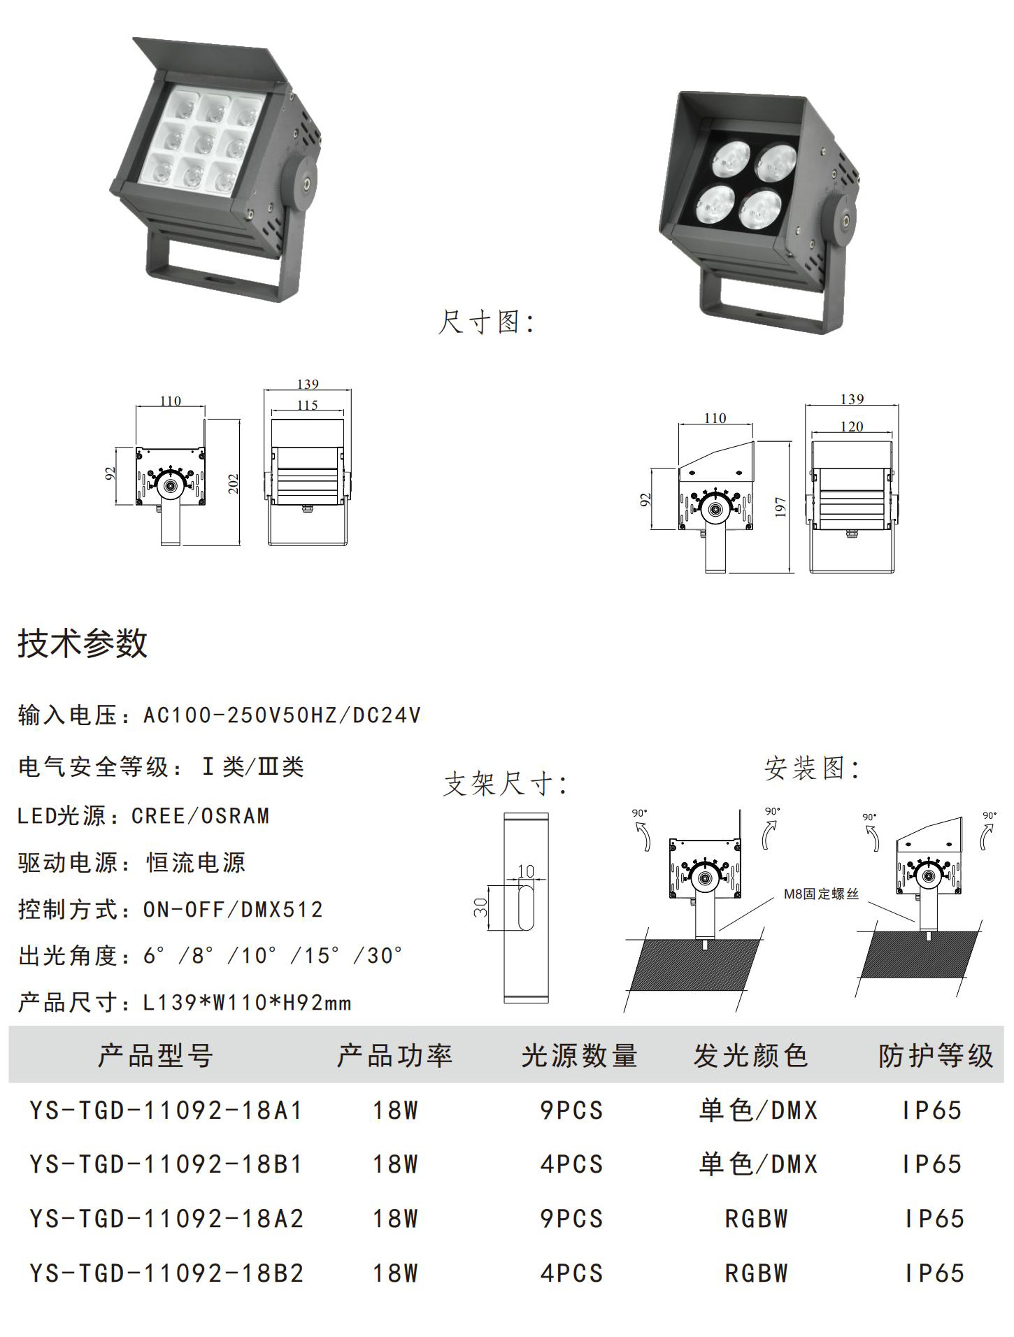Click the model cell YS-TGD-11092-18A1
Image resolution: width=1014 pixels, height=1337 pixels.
click(x=166, y=1110)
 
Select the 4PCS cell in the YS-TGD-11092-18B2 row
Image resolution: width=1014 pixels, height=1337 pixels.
click(x=571, y=1273)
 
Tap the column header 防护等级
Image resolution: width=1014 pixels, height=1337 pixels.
click(x=936, y=1056)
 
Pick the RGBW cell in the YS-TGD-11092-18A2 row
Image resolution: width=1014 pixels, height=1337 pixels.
click(x=757, y=1219)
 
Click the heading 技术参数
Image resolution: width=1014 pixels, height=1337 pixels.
click(x=83, y=643)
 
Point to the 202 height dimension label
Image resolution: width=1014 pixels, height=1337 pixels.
click(x=234, y=483)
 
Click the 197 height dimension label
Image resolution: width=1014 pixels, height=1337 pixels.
click(x=781, y=507)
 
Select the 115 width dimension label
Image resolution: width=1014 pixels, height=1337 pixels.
click(x=307, y=405)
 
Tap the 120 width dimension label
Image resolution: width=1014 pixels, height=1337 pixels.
click(x=851, y=427)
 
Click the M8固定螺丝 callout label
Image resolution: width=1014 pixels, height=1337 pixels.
click(x=820, y=894)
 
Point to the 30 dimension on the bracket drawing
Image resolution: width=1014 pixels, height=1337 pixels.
click(x=481, y=908)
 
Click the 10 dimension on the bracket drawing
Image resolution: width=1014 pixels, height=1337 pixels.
click(x=526, y=871)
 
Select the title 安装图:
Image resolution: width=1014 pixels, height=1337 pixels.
click(x=811, y=768)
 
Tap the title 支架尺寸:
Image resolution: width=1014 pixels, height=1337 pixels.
click(x=505, y=784)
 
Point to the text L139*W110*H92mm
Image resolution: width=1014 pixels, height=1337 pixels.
click(x=247, y=1003)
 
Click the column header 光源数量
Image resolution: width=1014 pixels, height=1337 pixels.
click(x=579, y=1056)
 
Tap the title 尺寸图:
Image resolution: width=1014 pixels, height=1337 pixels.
click(x=486, y=322)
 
